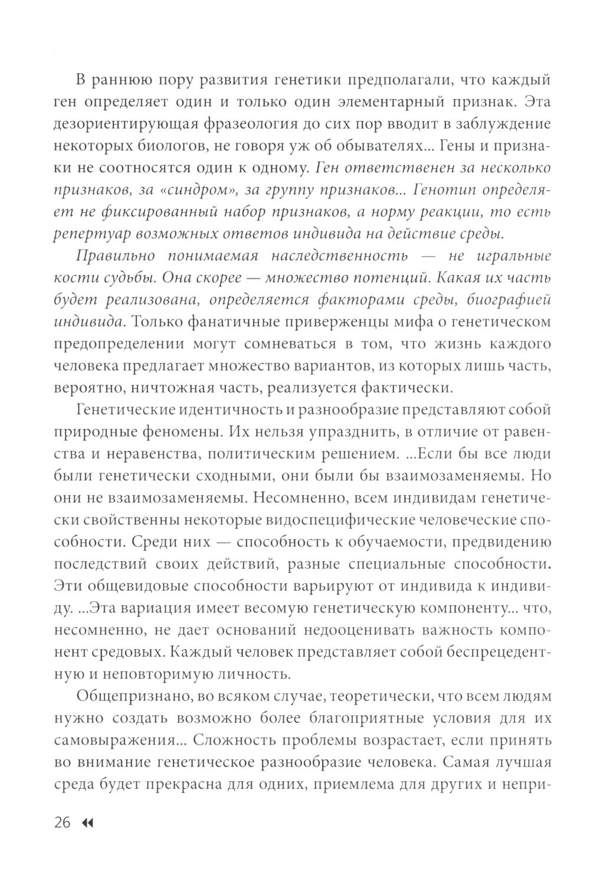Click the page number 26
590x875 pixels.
(62, 822)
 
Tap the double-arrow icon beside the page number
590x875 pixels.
(88, 823)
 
